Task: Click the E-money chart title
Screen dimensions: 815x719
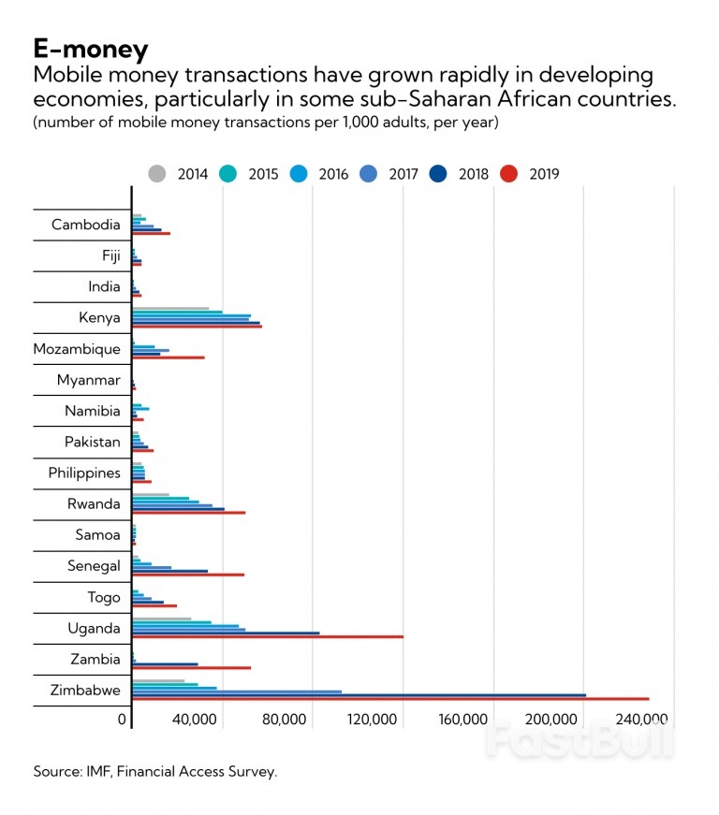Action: click(x=90, y=48)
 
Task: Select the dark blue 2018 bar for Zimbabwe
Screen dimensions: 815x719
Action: click(x=359, y=694)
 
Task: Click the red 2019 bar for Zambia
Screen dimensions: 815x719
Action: click(x=191, y=668)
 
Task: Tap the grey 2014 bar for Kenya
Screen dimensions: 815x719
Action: click(x=170, y=308)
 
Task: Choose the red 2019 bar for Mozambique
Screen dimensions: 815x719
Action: click(x=168, y=357)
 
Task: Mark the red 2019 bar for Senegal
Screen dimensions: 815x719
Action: click(x=187, y=575)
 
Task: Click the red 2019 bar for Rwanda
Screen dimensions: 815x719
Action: click(x=188, y=513)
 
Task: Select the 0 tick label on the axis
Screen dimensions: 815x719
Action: click(x=122, y=720)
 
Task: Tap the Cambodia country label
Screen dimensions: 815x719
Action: click(x=86, y=225)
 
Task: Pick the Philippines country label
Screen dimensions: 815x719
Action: click(x=84, y=473)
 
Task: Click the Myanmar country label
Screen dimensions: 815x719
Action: click(x=89, y=380)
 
